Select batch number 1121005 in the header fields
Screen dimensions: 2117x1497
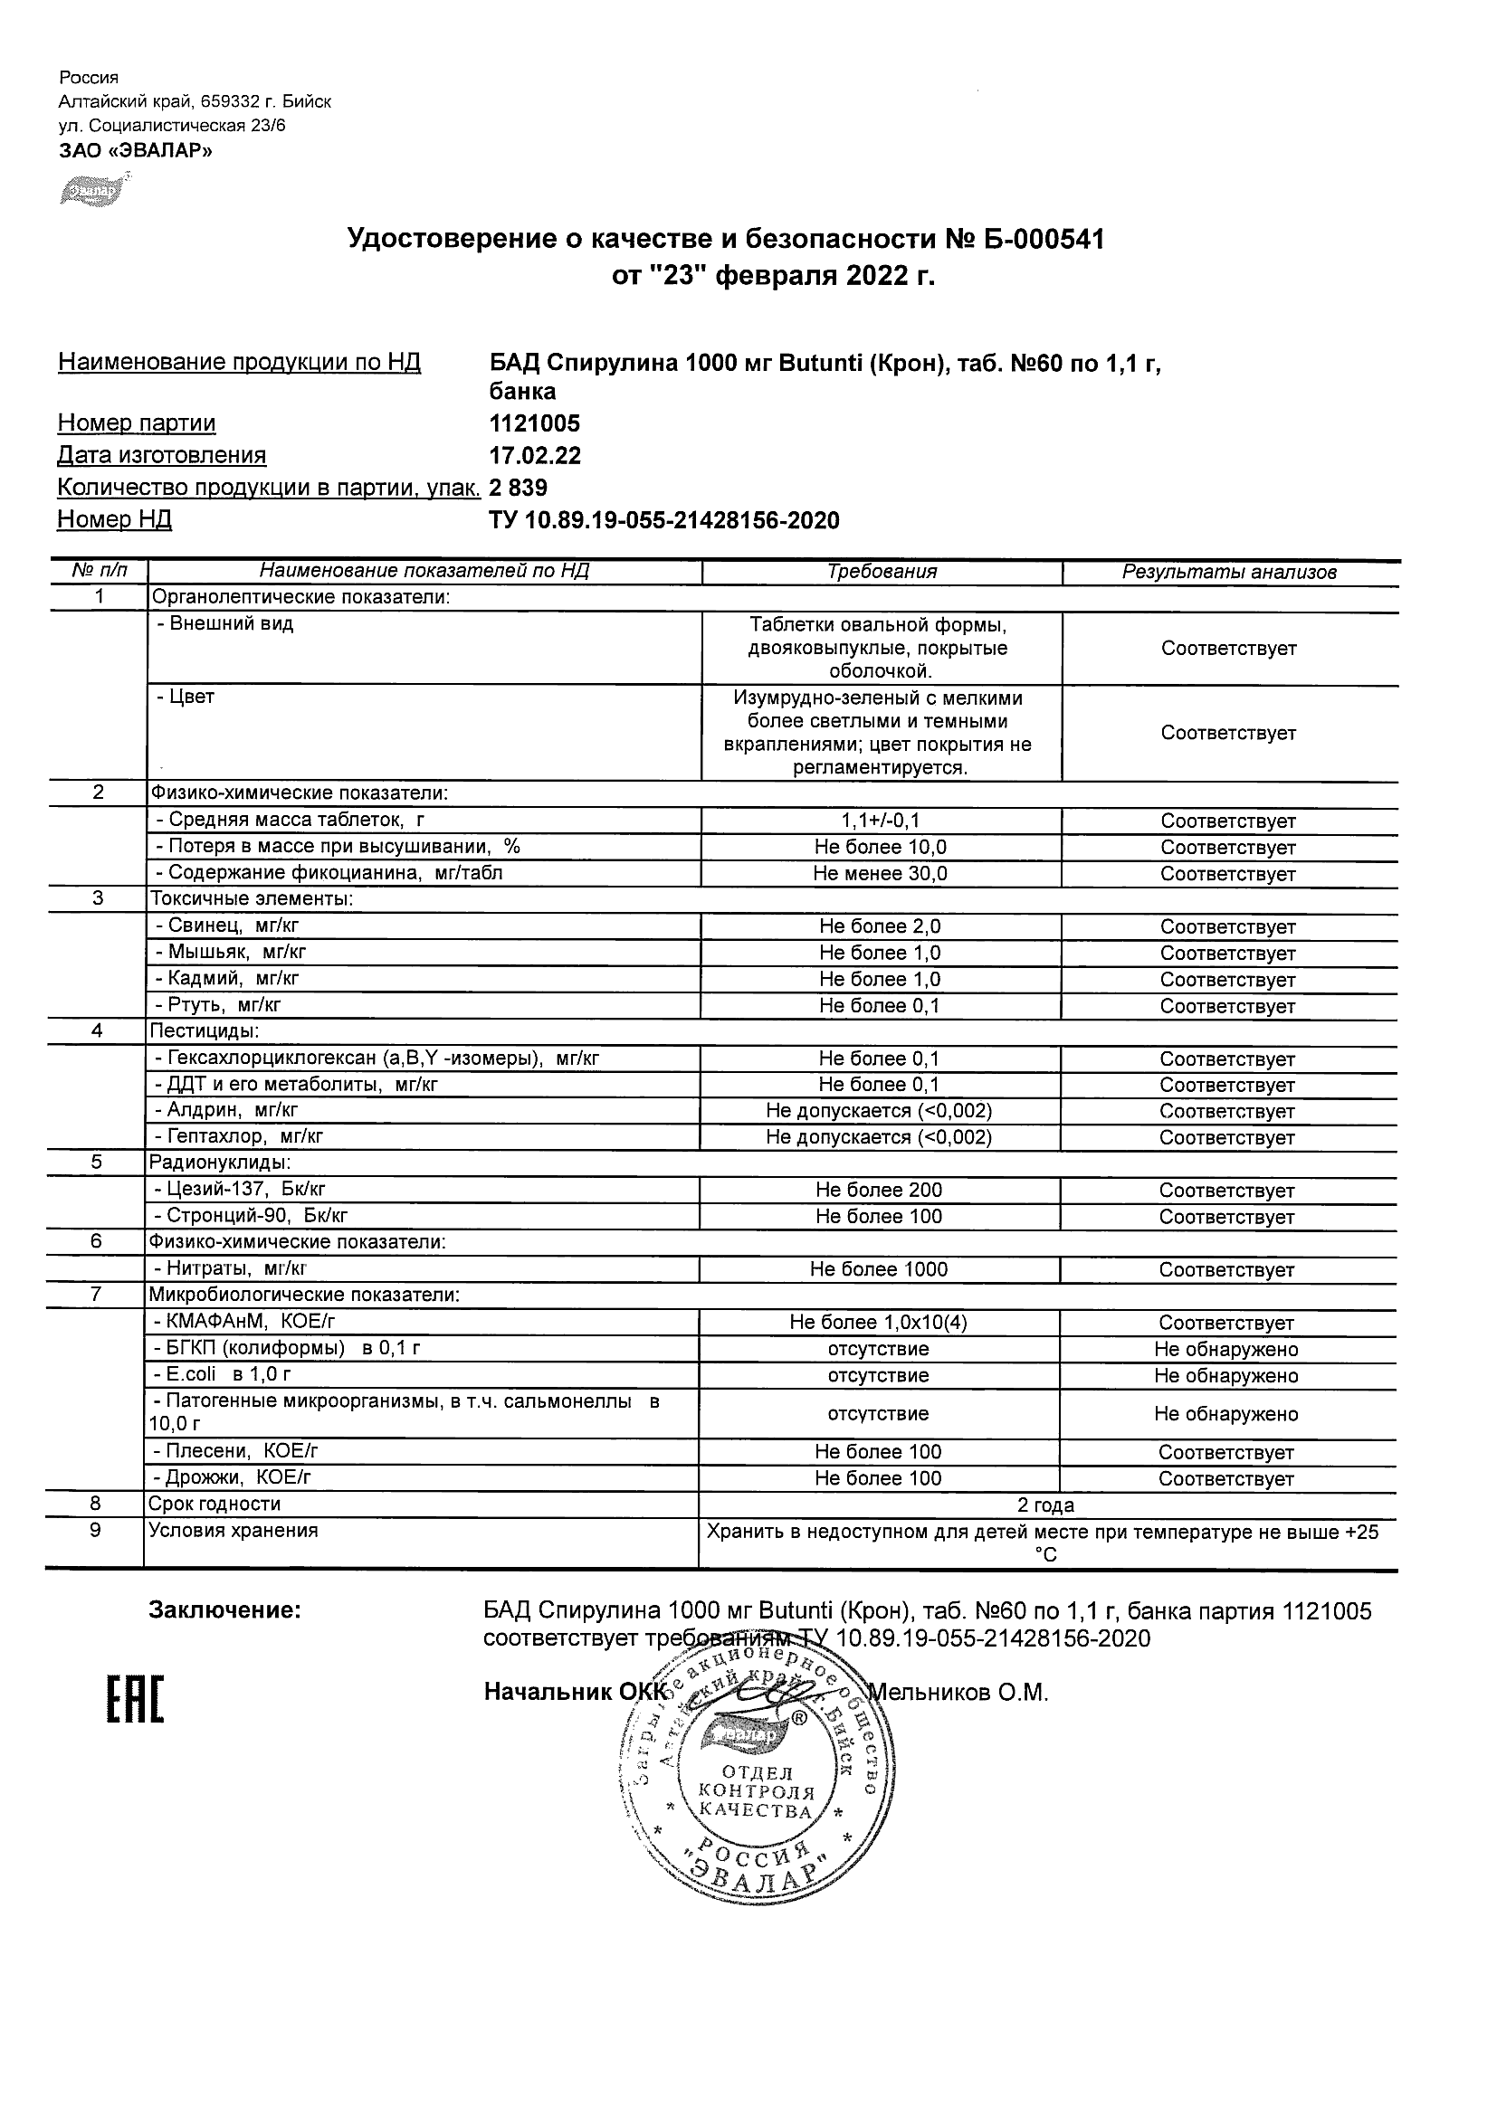click(535, 423)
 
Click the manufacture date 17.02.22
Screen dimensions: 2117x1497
click(535, 455)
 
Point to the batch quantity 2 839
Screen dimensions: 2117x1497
click(519, 488)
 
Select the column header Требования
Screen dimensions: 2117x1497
click(882, 572)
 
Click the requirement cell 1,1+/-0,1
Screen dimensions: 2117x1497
click(880, 821)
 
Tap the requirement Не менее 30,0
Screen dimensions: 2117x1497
click(880, 873)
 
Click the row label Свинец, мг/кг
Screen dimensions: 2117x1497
click(228, 926)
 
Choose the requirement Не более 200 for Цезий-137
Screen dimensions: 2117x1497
click(879, 1191)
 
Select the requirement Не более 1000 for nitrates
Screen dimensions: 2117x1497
click(879, 1269)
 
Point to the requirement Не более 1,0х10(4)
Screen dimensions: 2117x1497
click(879, 1323)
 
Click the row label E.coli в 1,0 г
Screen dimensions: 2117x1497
click(223, 1375)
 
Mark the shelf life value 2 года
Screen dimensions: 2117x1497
click(1046, 1505)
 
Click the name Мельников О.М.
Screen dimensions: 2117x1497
click(959, 1692)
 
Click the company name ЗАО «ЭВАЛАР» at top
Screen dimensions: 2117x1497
click(136, 150)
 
